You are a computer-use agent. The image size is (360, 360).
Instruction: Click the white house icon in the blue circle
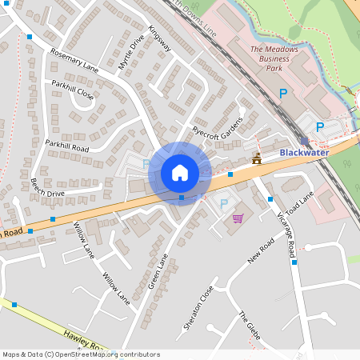pyautogui.click(x=180, y=173)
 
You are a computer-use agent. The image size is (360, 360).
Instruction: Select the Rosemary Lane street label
pyautogui.click(x=74, y=61)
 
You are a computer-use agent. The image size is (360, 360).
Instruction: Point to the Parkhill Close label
pyautogui.click(x=74, y=90)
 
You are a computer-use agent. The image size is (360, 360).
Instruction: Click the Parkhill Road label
pyautogui.click(x=66, y=146)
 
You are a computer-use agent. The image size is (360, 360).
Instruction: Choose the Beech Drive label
pyautogui.click(x=47, y=188)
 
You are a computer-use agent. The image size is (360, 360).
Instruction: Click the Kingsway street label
pyautogui.click(x=160, y=43)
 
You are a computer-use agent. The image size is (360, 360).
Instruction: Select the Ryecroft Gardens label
pyautogui.click(x=216, y=125)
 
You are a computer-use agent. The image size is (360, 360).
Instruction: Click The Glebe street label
pyautogui.click(x=250, y=326)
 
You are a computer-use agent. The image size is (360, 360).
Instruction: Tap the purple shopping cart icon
pyautogui.click(x=238, y=218)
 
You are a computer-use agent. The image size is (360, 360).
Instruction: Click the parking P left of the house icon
pyautogui.click(x=146, y=164)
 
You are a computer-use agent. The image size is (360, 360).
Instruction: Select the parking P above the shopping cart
pyautogui.click(x=224, y=204)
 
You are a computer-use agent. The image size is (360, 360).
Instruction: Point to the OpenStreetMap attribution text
pyautogui.click(x=81, y=354)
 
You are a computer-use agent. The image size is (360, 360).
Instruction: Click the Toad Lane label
pyautogui.click(x=302, y=206)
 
